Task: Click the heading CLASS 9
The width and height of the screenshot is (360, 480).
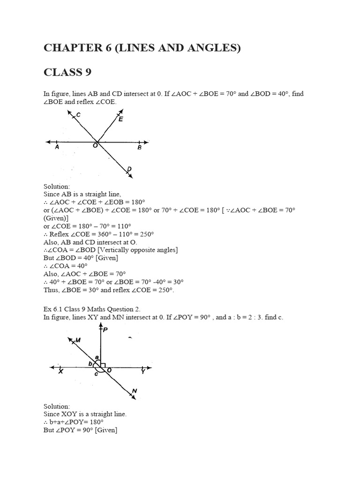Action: tap(67, 72)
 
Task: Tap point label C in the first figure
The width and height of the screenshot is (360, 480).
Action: tap(78, 115)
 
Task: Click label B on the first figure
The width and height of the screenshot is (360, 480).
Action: tap(139, 148)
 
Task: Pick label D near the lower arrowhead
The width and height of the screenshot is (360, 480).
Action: tap(129, 169)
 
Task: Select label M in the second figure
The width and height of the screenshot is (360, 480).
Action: tap(78, 340)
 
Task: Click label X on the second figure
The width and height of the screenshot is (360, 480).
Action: tap(61, 372)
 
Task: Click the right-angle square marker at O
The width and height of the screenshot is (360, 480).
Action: tap(103, 364)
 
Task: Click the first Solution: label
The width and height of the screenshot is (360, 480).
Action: tap(56, 186)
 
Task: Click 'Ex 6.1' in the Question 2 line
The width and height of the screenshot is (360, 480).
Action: tap(52, 309)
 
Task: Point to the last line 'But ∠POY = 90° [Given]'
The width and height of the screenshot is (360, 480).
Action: tap(80, 430)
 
